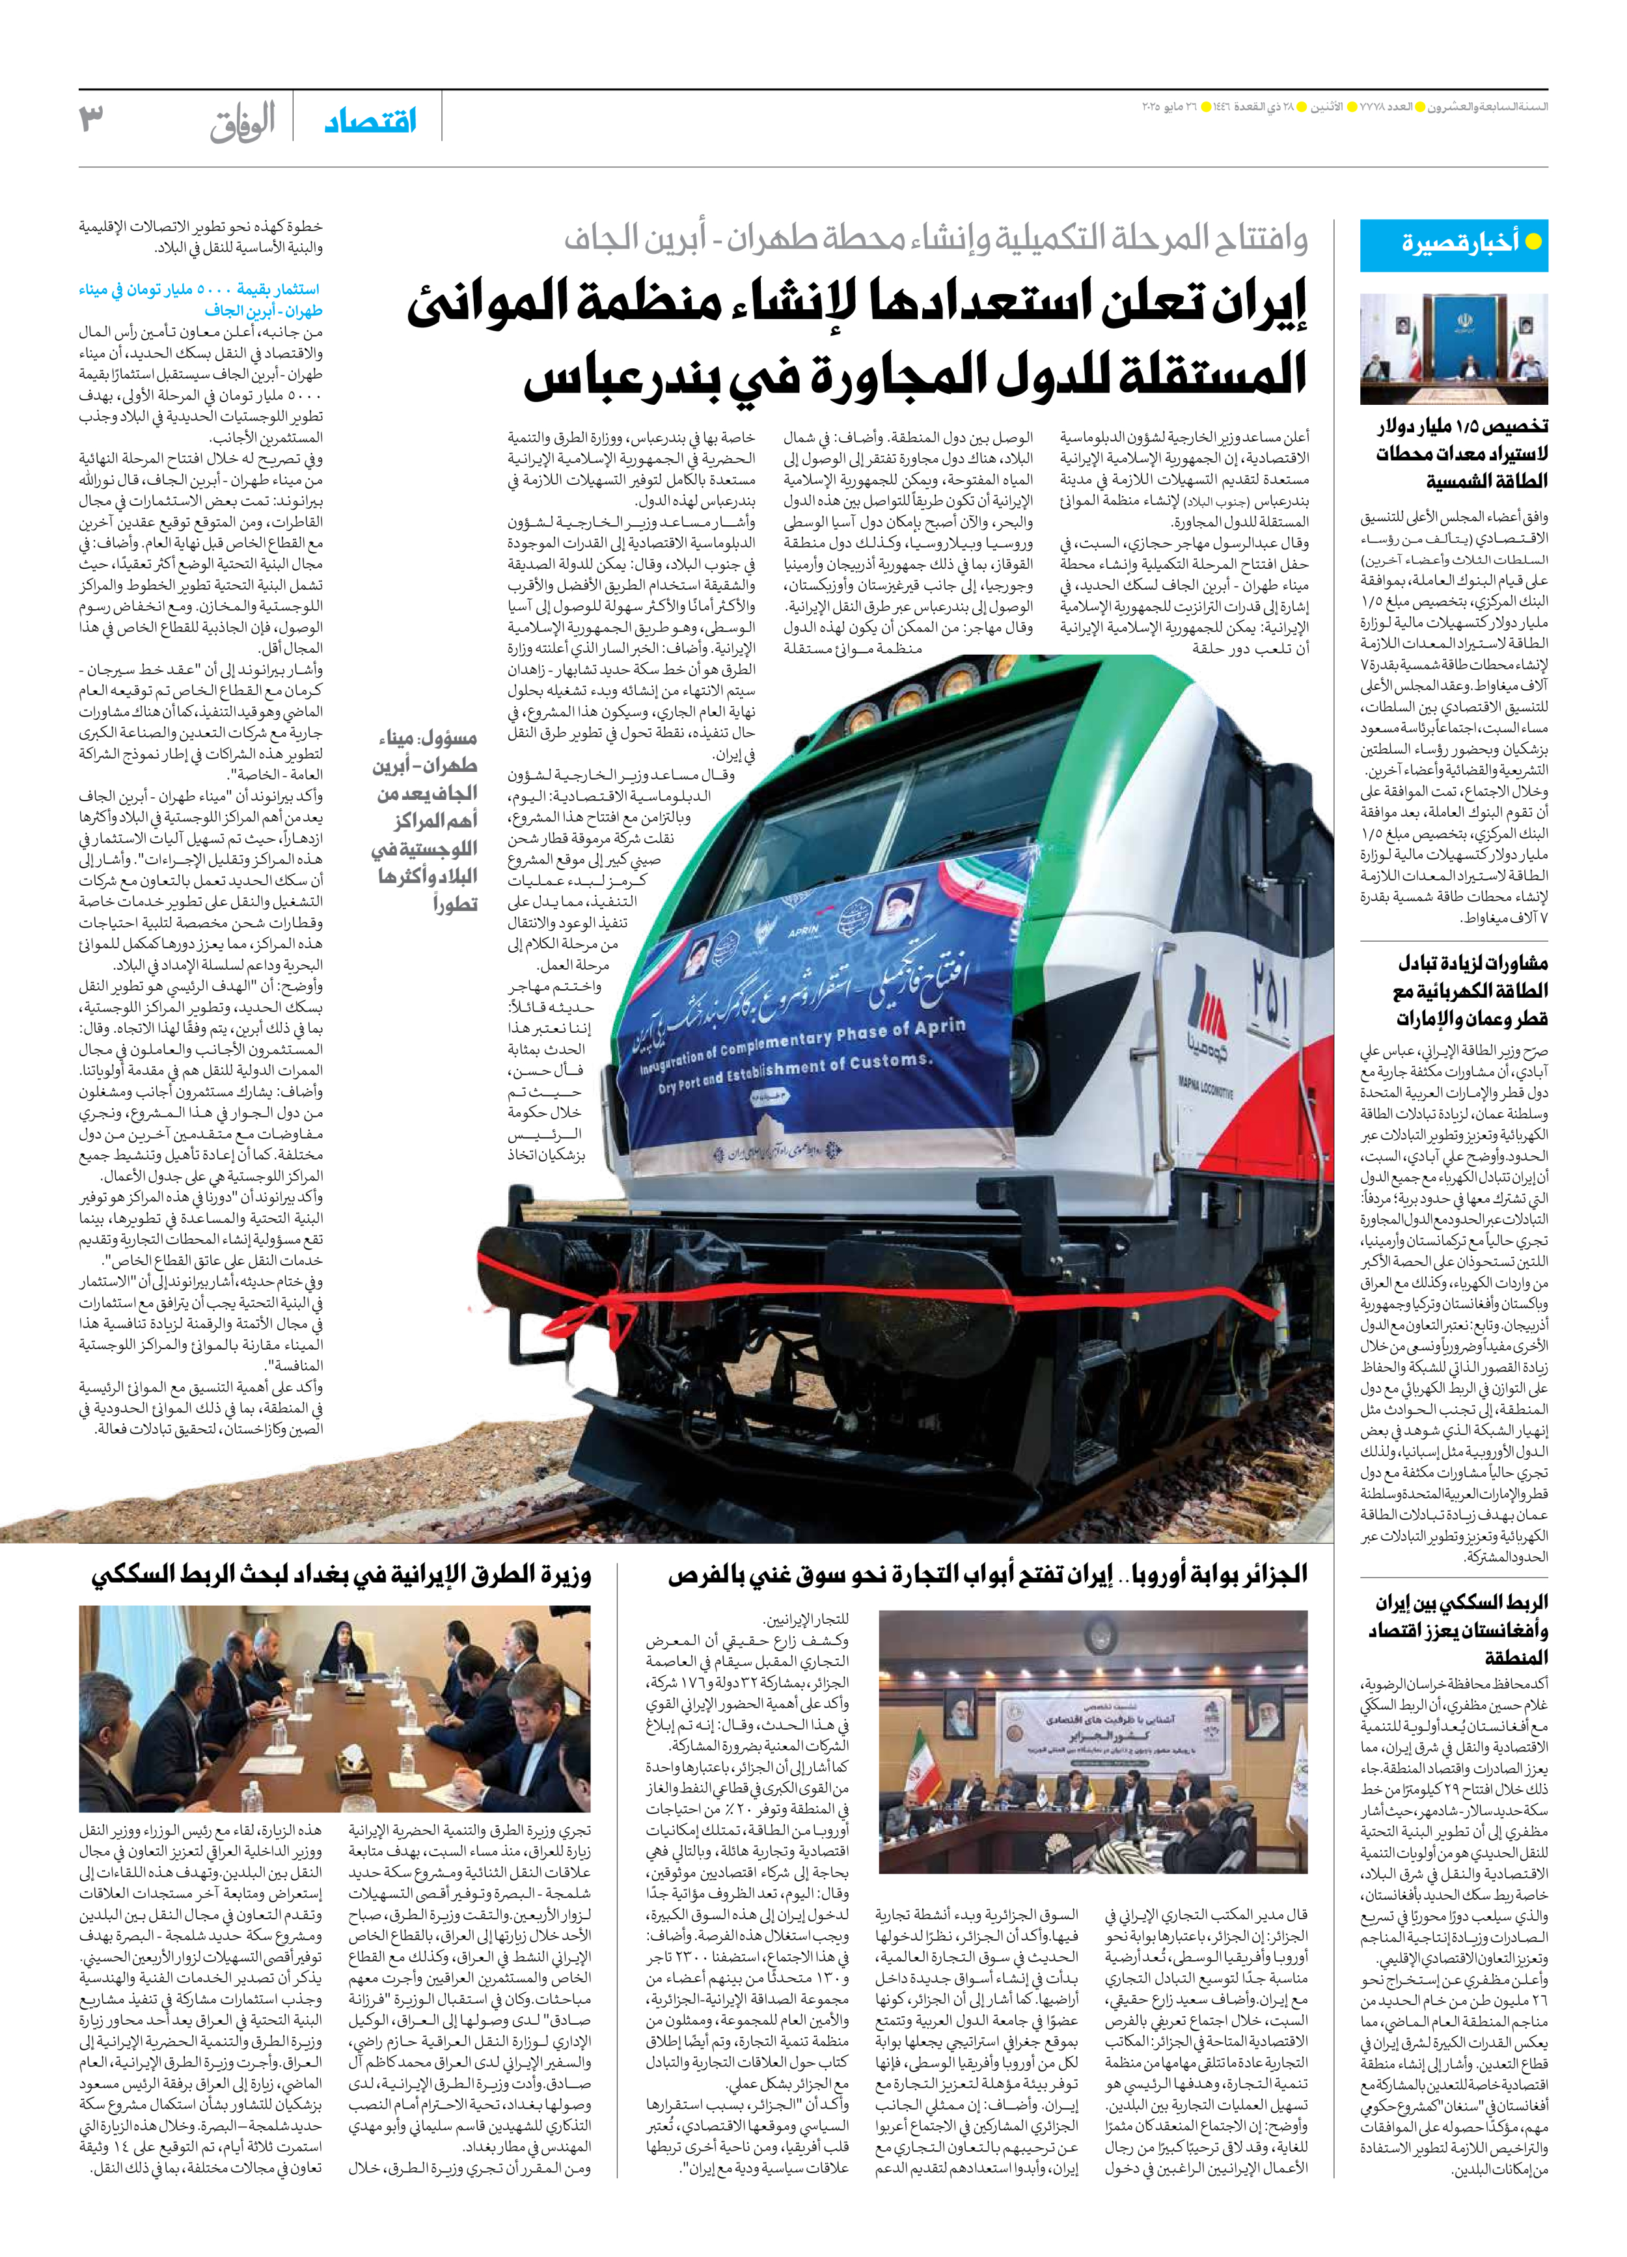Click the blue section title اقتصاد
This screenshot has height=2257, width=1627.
coord(370,122)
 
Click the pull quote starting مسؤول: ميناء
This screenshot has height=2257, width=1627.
coord(426,821)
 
